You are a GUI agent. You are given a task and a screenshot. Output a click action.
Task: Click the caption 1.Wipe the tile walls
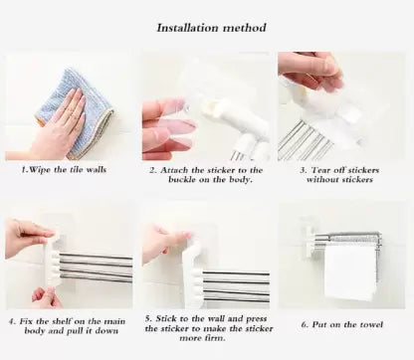(68, 170)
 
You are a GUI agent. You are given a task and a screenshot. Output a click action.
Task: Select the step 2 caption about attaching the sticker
(206, 175)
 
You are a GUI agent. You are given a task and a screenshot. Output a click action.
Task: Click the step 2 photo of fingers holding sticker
(206, 106)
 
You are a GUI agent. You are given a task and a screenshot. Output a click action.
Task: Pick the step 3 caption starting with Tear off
(343, 175)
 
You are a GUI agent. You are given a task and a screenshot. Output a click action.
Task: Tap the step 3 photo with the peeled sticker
(343, 106)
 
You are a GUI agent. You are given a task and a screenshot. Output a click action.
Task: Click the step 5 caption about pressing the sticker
(206, 330)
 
